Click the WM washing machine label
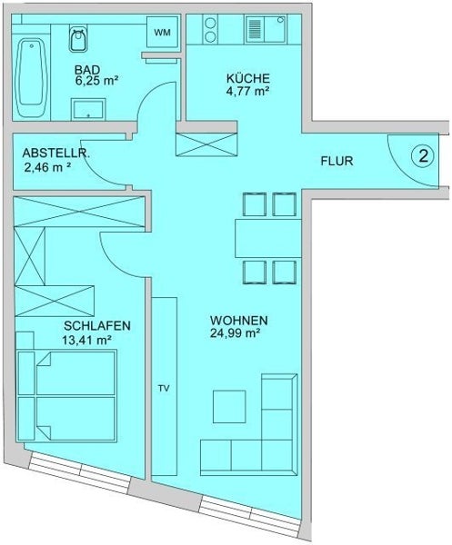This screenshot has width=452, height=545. (162, 33)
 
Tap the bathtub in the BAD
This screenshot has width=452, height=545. (31, 77)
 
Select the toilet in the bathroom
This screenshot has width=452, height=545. (78, 38)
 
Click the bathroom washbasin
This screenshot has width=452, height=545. (88, 110)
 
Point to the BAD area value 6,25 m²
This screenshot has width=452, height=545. (96, 81)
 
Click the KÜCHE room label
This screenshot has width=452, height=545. (247, 78)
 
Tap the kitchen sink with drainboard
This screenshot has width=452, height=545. (266, 29)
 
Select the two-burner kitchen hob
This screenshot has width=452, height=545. (210, 29)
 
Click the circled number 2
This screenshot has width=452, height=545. (423, 156)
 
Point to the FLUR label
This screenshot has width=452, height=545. (336, 162)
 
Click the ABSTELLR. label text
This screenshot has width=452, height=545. (56, 154)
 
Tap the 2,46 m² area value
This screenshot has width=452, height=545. (47, 167)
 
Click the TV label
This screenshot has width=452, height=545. (164, 388)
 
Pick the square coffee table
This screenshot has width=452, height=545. (229, 406)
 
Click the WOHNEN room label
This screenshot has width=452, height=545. (238, 320)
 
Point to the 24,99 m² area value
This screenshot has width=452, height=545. (236, 333)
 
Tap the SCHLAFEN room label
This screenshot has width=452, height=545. (97, 326)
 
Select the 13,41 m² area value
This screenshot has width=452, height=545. (87, 340)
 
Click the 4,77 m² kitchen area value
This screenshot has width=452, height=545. (248, 92)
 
